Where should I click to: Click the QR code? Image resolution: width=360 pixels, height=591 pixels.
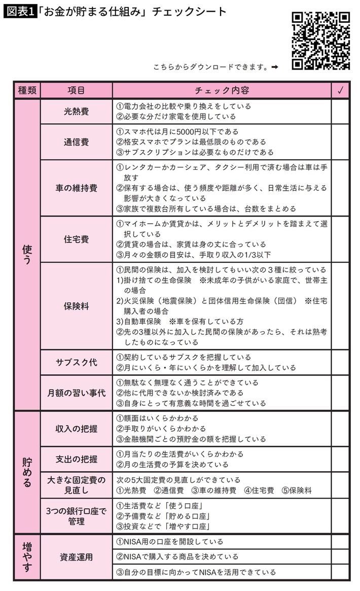pos(321,41)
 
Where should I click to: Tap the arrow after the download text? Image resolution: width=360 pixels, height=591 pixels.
pos(275,67)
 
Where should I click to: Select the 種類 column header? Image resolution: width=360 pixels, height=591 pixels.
pos(27,91)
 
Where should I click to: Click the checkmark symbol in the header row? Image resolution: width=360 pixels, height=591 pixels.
pos(340,91)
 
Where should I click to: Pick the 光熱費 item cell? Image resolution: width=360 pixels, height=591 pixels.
pos(76,111)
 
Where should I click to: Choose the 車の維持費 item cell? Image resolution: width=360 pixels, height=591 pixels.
pos(76,188)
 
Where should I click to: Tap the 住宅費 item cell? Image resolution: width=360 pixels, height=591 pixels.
pos(76,239)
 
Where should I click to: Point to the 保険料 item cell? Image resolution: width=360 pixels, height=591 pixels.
pos(76,306)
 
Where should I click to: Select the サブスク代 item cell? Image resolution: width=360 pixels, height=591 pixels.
pos(76,362)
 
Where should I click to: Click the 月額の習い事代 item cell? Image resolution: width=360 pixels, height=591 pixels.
pos(76,393)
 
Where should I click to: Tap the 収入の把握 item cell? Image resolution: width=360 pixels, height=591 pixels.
pos(76,428)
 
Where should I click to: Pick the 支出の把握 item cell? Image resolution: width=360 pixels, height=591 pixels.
pos(76,459)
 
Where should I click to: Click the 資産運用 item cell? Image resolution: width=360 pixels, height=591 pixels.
pos(76,557)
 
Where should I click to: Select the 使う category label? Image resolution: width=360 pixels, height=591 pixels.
pos(27,254)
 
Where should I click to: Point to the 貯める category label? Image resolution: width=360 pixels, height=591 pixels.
pos(27,472)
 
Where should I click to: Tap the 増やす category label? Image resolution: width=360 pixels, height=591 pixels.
pos(27,557)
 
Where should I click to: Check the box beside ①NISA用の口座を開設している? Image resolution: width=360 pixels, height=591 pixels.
pos(340,542)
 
